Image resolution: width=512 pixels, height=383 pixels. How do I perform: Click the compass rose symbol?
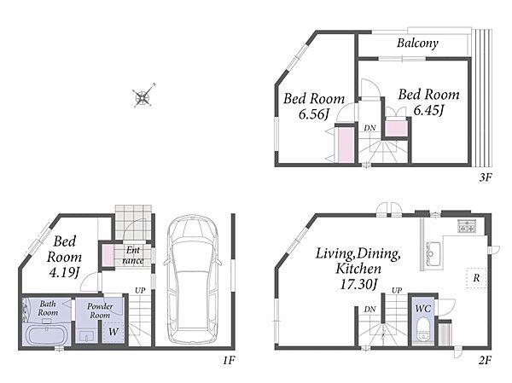click(x=143, y=96)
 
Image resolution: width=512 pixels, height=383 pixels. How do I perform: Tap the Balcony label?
click(x=417, y=44)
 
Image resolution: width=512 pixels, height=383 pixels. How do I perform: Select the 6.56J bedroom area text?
click(x=313, y=114)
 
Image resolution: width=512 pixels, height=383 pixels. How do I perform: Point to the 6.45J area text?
click(x=428, y=110)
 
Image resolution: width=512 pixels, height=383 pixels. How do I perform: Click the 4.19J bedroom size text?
click(x=64, y=272)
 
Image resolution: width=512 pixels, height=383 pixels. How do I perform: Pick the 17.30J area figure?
click(x=358, y=284)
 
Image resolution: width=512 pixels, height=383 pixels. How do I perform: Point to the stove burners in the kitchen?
click(x=467, y=226)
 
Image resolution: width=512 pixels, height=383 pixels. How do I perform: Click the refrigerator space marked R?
click(x=476, y=278)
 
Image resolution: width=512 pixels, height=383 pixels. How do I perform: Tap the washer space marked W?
click(x=113, y=332)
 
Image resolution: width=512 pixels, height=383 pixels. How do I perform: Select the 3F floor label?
click(x=486, y=177)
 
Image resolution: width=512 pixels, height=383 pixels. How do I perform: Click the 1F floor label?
click(x=229, y=360)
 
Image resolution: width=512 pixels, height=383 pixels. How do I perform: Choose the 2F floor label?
click(x=486, y=360)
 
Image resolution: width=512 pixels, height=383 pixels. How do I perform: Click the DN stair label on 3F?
click(x=369, y=128)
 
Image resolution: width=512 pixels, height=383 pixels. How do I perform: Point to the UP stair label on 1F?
click(x=140, y=290)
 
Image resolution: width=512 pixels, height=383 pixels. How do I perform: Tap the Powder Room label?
click(x=100, y=310)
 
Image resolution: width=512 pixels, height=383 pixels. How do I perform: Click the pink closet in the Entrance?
click(x=108, y=256)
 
